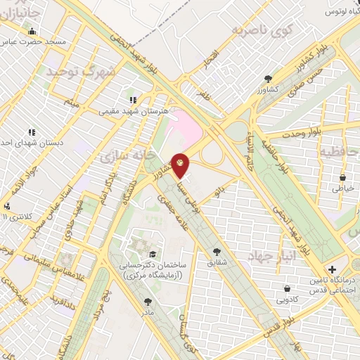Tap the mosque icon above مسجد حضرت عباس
(32, 31)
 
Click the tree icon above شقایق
(216, 251)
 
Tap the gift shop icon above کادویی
(287, 288)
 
